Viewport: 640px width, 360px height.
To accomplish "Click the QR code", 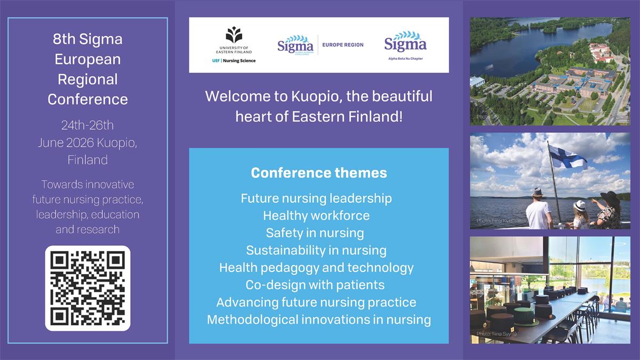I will coord(87,289).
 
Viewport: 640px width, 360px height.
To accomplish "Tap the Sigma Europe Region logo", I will coord(320,45).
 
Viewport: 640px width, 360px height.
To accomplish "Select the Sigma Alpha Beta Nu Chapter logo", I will coord(405,45).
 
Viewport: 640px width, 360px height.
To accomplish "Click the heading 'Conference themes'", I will coord(319,173).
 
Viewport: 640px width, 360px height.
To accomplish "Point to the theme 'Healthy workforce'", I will coord(316,215).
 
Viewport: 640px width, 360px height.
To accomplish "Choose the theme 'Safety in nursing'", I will coord(315,233).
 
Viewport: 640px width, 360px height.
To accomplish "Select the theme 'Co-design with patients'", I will coord(315,285).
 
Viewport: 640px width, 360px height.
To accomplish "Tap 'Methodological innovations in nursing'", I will coord(319,319).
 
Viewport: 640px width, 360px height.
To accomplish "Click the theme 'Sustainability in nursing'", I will coord(316,250).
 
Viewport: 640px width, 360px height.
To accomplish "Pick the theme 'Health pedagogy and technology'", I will coord(316,268).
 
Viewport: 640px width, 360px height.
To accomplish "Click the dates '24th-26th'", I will coord(87,126).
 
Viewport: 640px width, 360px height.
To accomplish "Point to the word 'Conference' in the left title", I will coord(87,99).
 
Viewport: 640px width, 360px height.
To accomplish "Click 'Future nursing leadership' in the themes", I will coord(316,198).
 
